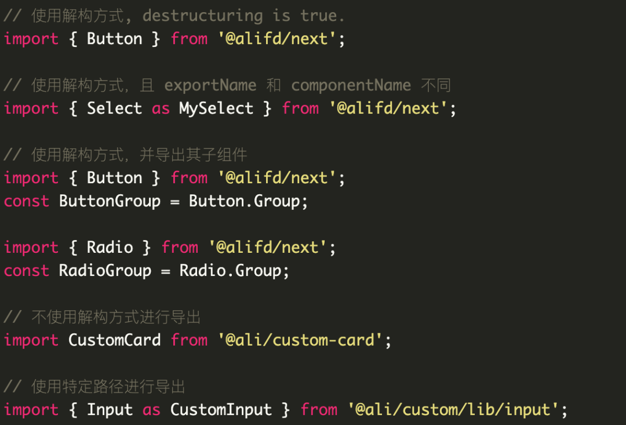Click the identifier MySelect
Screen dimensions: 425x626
[216, 108]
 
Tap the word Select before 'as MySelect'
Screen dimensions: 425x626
[114, 108]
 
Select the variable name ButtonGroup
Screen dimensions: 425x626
[110, 201]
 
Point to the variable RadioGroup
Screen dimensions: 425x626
[105, 271]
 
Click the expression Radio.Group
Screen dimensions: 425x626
[234, 271]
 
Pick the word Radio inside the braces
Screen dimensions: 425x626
[110, 248]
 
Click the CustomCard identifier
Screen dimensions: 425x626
[114, 340]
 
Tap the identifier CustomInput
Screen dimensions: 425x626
[221, 410]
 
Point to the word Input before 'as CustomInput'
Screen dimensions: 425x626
[110, 410]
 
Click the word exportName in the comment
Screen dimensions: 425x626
[210, 85]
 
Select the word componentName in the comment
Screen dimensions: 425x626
[351, 85]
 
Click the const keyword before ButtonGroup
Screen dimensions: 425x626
[26, 201]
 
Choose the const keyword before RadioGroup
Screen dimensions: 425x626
[26, 271]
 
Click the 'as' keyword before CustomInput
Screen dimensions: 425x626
[151, 410]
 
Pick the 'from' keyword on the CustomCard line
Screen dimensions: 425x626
[189, 340]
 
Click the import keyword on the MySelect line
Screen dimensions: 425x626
[31, 108]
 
